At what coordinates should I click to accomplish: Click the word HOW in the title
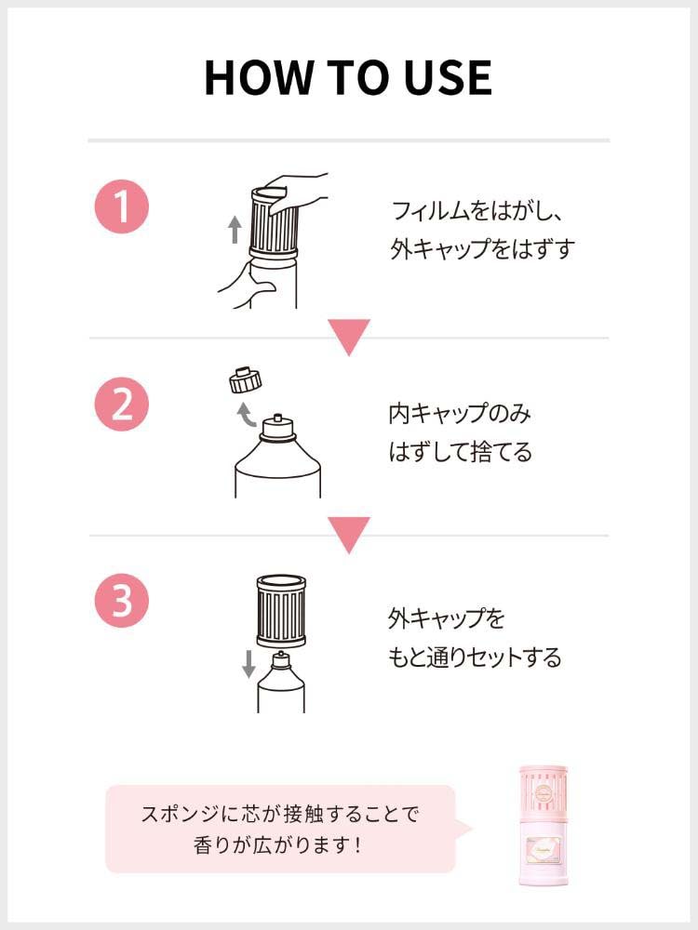click(x=259, y=78)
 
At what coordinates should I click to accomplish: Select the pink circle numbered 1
click(x=122, y=206)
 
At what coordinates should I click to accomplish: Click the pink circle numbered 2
click(x=122, y=404)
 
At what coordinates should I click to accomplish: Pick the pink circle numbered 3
click(x=122, y=600)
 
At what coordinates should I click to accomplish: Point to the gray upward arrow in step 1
click(x=235, y=229)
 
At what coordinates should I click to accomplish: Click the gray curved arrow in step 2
click(x=245, y=415)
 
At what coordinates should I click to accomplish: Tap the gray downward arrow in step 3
click(x=248, y=664)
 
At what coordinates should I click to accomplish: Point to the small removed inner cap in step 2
click(x=245, y=380)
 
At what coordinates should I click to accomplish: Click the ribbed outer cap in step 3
click(x=281, y=611)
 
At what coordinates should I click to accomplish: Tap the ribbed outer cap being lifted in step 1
click(x=274, y=223)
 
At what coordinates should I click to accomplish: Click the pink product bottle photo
click(x=544, y=826)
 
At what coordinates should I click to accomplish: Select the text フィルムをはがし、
click(x=477, y=211)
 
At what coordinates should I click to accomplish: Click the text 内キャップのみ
click(x=460, y=414)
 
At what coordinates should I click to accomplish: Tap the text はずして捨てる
click(x=461, y=452)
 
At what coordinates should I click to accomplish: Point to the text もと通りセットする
click(x=475, y=658)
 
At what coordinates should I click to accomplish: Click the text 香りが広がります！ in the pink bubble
click(x=277, y=844)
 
